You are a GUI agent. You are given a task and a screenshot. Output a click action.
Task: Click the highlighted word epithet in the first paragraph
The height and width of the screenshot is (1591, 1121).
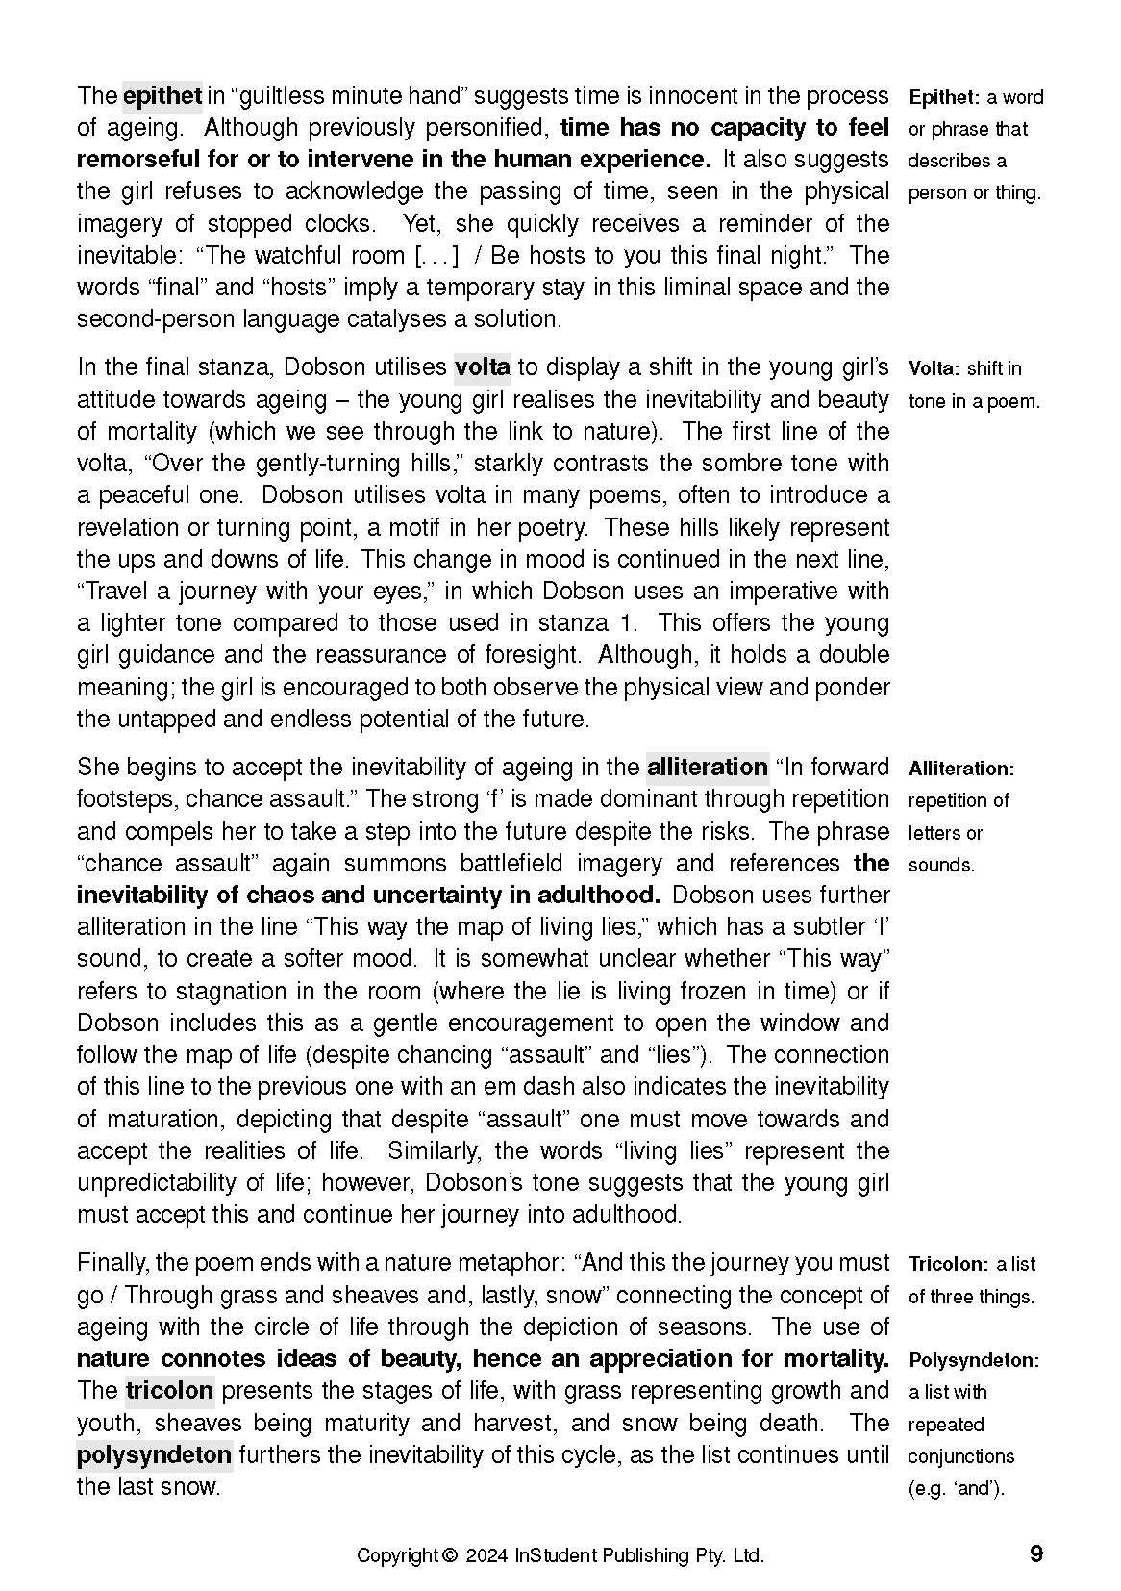162,96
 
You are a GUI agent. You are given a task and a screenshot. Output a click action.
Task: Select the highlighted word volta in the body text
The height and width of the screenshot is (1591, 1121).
482,367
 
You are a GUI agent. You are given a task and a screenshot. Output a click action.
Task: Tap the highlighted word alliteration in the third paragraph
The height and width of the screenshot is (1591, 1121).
707,768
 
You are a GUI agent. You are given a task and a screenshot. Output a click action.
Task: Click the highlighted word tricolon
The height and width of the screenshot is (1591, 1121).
169,1391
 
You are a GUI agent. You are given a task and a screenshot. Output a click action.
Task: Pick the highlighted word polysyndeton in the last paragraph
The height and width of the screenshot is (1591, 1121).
154,1455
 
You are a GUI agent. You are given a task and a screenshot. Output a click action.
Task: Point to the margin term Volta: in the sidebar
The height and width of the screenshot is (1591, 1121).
934,369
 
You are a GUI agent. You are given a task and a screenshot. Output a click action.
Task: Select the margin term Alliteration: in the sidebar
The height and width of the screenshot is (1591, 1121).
961,769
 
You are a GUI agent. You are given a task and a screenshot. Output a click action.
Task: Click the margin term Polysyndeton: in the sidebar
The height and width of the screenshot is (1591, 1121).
973,1361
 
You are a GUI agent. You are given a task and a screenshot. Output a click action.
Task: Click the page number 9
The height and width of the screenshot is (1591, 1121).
1035,1554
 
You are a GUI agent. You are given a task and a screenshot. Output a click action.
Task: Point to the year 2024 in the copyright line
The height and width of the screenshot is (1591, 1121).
487,1555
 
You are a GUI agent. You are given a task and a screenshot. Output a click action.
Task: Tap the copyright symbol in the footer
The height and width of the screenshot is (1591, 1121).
449,1555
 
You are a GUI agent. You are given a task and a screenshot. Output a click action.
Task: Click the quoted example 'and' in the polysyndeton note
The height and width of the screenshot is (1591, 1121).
977,1489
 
